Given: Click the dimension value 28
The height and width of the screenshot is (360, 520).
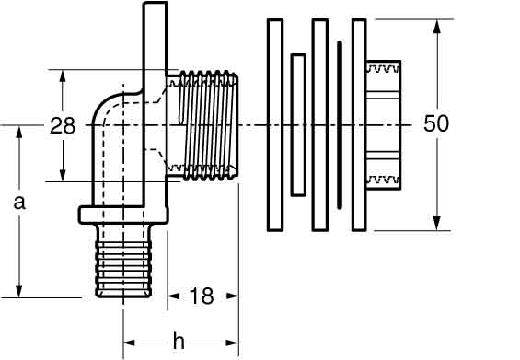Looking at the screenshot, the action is tap(63, 126).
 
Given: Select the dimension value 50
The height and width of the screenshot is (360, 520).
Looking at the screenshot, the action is tap(436, 123).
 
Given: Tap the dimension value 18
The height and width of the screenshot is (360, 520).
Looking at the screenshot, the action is tap(202, 296).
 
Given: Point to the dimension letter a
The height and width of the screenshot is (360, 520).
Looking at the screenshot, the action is tap(19, 203).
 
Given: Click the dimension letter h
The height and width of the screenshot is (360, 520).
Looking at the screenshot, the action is tap(179, 341).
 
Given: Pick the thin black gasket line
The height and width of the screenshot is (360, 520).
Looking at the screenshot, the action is tap(340, 125).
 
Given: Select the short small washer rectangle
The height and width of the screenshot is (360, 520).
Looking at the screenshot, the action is tap(298, 125).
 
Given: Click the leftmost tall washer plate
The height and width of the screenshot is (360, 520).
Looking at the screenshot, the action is tap(275, 125).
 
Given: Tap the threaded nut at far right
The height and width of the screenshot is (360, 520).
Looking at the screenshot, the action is tap(384, 125).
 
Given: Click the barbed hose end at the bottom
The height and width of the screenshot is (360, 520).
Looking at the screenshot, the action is tap(123, 261).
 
